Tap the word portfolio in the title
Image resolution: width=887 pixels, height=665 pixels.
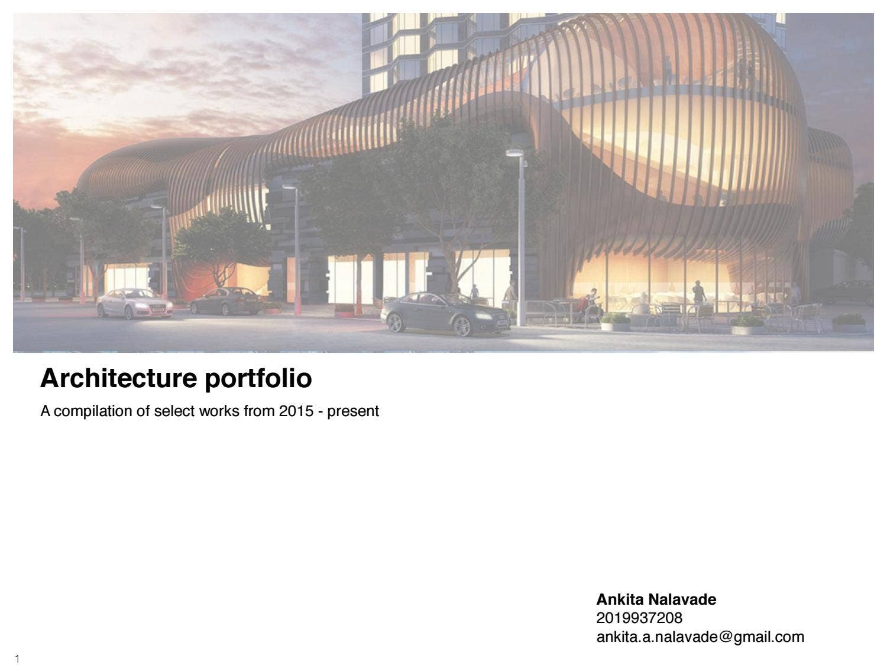click(258, 378)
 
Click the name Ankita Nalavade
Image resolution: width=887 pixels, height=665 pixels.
click(656, 599)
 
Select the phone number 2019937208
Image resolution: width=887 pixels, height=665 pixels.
click(639, 618)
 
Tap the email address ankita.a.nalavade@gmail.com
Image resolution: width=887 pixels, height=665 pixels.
click(700, 637)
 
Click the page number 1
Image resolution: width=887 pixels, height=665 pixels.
click(17, 658)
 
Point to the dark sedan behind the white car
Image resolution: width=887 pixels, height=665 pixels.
click(226, 301)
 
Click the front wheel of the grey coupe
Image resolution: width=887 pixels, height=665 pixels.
click(462, 326)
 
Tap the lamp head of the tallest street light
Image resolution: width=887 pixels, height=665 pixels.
click(514, 153)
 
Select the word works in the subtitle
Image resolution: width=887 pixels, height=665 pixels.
click(219, 411)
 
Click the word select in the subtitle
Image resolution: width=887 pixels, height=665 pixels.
click(173, 411)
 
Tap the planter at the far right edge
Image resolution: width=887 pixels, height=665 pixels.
click(849, 322)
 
